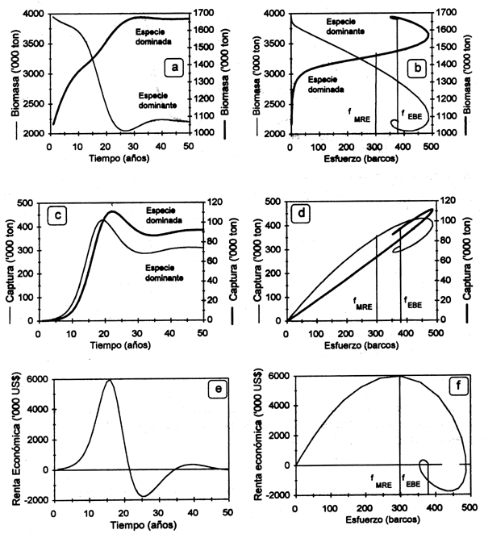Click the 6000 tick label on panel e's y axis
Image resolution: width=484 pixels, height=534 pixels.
[37, 379]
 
